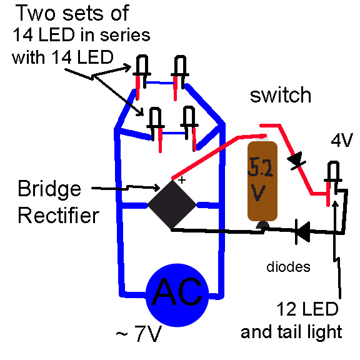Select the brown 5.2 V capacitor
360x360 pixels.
point(261,182)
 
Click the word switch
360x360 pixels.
point(281,95)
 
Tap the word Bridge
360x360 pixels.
point(51,189)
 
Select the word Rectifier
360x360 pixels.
point(58,216)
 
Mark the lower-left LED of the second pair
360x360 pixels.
point(153,121)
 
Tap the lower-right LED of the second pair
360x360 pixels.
point(188,121)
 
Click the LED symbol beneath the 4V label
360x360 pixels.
point(331,177)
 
